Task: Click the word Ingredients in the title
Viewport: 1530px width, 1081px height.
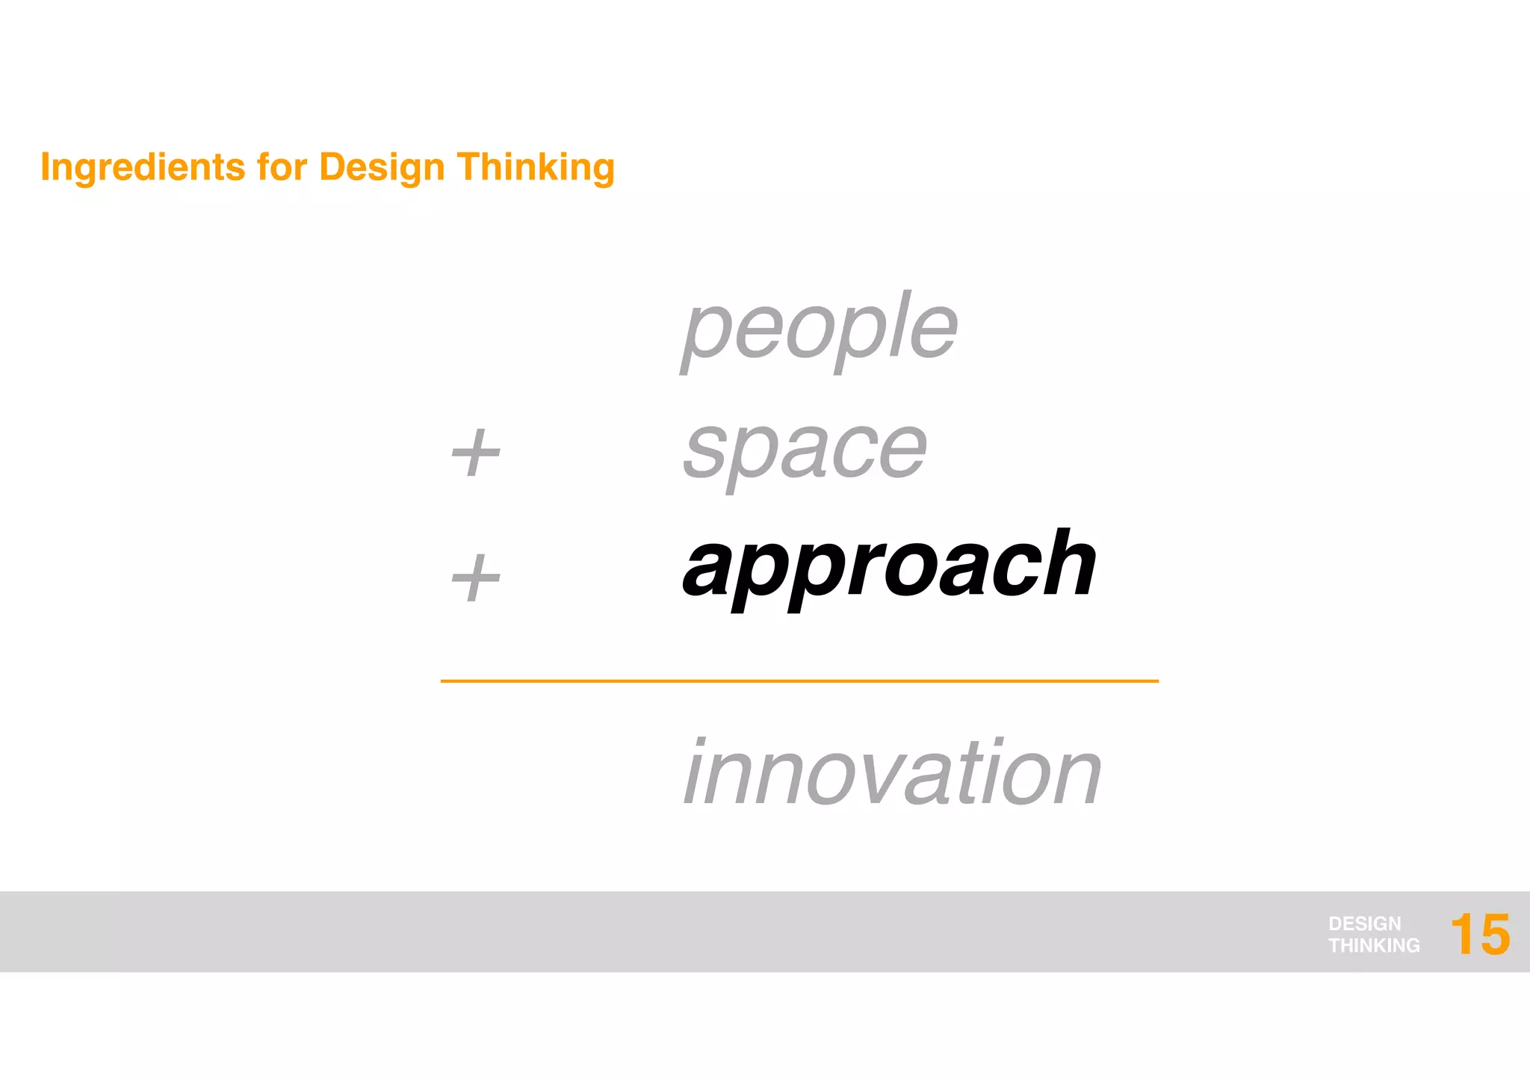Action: pyautogui.click(x=142, y=167)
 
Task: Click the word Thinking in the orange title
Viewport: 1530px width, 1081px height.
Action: pyautogui.click(x=536, y=167)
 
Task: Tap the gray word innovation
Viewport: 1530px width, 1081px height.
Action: pyautogui.click(x=892, y=772)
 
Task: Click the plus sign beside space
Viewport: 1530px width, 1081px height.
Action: pyautogui.click(x=476, y=453)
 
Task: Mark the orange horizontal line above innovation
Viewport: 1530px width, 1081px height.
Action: pyautogui.click(x=799, y=681)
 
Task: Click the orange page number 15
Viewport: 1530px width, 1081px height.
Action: pyautogui.click(x=1479, y=934)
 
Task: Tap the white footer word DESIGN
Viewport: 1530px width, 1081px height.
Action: pyautogui.click(x=1364, y=923)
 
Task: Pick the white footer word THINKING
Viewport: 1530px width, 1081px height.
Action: pyautogui.click(x=1374, y=946)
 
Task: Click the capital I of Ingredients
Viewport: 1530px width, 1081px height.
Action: pyautogui.click(x=46, y=167)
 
